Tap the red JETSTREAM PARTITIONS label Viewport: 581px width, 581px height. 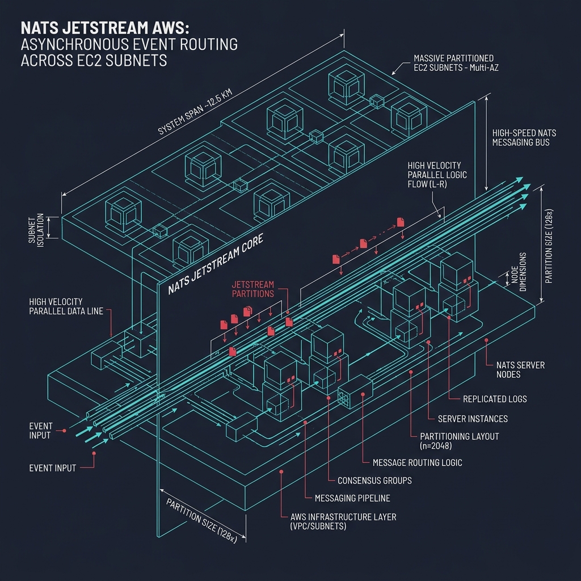pos(253,289)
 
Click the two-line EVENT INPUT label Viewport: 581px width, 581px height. pos(40,431)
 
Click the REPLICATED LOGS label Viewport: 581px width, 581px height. pos(495,399)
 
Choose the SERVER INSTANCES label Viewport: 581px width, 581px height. pos(473,419)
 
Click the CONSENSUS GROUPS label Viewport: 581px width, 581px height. pos(374,480)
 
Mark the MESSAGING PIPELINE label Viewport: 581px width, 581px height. pos(352,498)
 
